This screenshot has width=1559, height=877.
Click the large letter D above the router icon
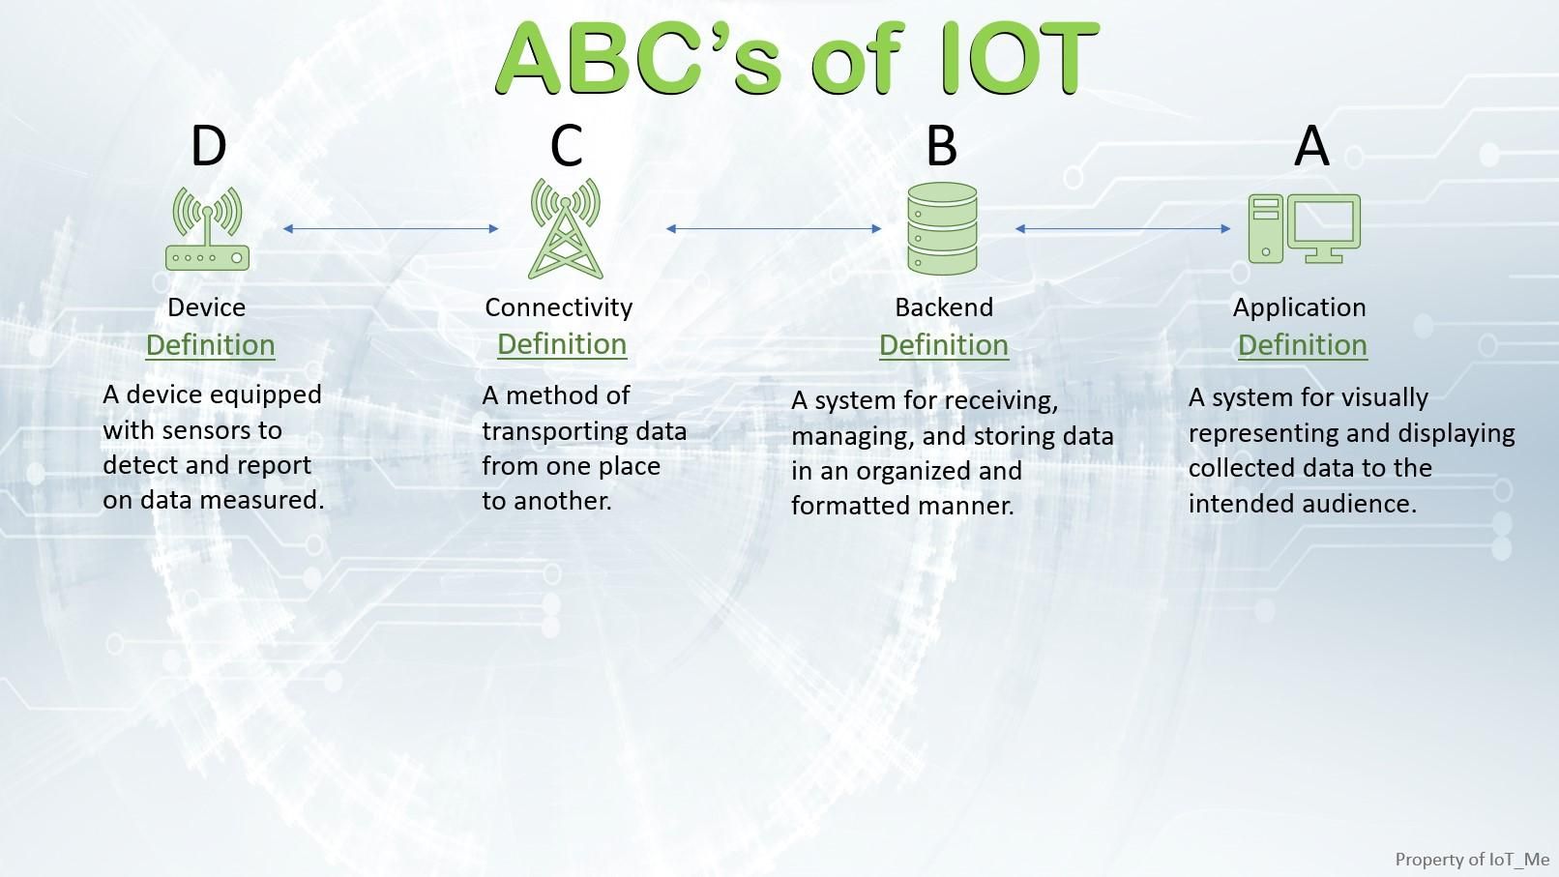click(209, 146)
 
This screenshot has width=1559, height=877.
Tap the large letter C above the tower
click(566, 146)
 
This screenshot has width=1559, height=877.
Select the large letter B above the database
click(941, 146)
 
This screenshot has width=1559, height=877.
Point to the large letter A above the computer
click(1311, 146)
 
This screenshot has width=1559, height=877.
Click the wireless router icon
click(207, 229)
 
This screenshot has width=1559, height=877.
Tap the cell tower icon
click(565, 229)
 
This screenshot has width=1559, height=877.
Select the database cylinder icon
click(942, 229)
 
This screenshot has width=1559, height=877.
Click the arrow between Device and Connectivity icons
click(391, 229)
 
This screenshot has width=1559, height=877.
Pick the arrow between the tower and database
click(774, 229)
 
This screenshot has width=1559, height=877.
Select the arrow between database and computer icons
click(1123, 229)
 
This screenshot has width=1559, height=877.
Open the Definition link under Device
click(210, 345)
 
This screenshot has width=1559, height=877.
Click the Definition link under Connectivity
click(562, 344)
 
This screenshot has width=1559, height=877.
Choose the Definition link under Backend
click(943, 345)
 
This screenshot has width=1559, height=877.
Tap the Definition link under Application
click(1302, 345)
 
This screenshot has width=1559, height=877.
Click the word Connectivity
click(558, 307)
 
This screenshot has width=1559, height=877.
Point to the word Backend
click(943, 307)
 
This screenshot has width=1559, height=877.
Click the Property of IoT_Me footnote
click(1471, 859)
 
